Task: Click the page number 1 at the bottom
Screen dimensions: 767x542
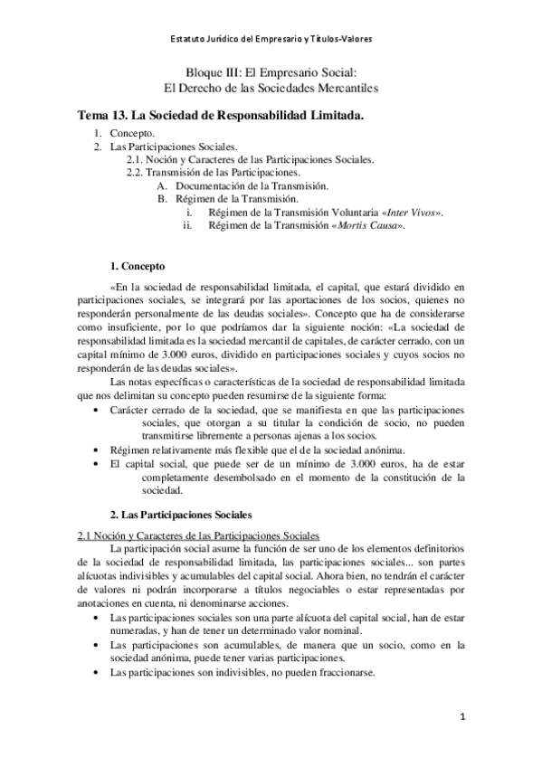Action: point(462,718)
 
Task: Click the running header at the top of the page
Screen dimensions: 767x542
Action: point(271,39)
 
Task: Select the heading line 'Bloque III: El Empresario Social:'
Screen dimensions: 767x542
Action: point(271,73)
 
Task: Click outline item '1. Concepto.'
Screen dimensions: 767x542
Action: point(131,133)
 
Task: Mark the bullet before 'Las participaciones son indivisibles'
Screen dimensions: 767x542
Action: point(98,671)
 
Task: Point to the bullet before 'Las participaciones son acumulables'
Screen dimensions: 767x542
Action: point(98,645)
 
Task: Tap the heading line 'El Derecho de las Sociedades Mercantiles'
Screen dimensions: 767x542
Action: point(271,88)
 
